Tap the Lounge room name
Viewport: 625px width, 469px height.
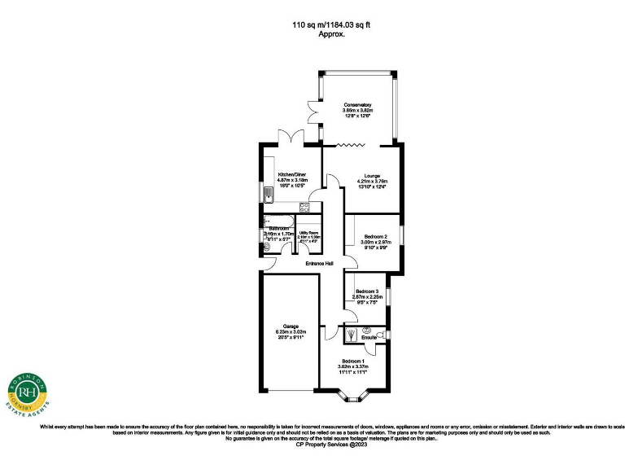coord(373,175)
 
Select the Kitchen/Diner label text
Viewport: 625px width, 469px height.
coord(291,174)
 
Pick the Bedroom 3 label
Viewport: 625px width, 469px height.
coord(365,291)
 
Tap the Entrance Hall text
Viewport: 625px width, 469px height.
coord(320,264)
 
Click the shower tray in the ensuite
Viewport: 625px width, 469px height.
coord(351,334)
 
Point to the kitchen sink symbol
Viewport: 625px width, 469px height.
coord(268,194)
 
